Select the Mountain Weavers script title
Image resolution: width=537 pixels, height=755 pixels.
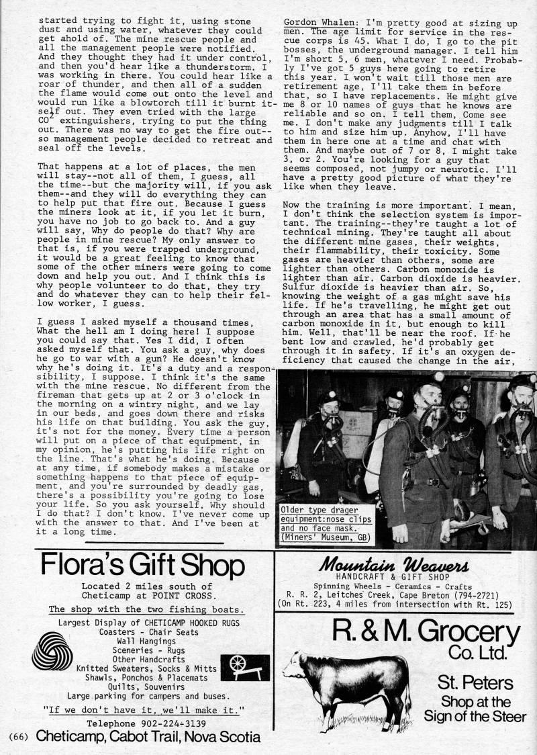[401, 563]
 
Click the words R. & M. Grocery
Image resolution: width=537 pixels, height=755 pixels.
[426, 633]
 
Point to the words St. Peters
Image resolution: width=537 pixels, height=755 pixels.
[476, 683]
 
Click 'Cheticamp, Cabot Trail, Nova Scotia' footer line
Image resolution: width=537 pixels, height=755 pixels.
[148, 737]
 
